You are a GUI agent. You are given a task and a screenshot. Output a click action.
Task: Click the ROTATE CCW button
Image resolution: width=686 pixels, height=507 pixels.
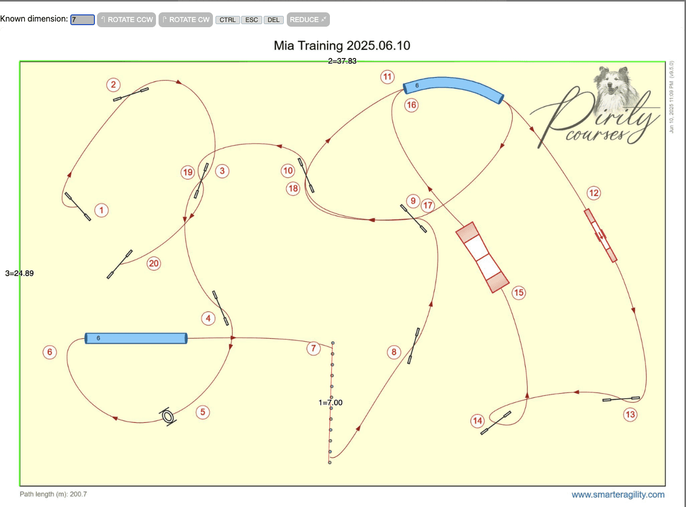tap(126, 20)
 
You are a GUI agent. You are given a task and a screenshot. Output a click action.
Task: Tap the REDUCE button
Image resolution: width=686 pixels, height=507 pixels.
tap(308, 20)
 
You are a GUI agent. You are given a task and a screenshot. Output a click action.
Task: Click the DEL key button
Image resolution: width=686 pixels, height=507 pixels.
tap(273, 20)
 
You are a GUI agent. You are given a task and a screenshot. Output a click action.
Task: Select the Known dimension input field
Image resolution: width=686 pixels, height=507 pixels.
tap(83, 20)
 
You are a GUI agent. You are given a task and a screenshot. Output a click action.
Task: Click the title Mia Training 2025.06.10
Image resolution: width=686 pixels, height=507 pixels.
tap(342, 46)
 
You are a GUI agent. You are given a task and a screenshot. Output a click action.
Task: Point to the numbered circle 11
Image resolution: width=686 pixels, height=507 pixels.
tap(387, 76)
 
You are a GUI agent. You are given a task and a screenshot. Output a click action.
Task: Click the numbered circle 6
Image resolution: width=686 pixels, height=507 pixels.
tap(49, 352)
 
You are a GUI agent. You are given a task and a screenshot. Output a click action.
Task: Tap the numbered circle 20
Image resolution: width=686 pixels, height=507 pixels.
tap(154, 264)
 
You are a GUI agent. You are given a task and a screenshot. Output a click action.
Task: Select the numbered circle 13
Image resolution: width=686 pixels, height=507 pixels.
tap(630, 415)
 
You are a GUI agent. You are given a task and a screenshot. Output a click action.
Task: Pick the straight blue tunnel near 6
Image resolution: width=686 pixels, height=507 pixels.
tap(136, 338)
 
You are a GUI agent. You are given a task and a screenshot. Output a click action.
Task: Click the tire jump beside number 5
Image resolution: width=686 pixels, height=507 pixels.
tap(168, 416)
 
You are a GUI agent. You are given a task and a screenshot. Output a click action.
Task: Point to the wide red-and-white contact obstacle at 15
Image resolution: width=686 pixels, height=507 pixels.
tap(482, 257)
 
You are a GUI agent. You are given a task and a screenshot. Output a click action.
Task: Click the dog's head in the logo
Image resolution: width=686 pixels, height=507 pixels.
tap(613, 83)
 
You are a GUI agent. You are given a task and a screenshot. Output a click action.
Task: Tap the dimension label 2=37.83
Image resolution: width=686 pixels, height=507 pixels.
tap(342, 61)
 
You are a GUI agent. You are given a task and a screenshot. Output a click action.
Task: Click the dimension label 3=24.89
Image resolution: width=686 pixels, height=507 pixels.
tap(19, 274)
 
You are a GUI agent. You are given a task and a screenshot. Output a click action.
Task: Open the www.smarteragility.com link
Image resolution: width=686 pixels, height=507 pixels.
tap(618, 495)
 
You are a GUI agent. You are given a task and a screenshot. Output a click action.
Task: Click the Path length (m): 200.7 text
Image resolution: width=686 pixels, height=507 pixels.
tap(53, 494)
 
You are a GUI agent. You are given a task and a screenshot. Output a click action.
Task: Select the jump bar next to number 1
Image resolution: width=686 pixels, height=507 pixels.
tap(77, 207)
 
